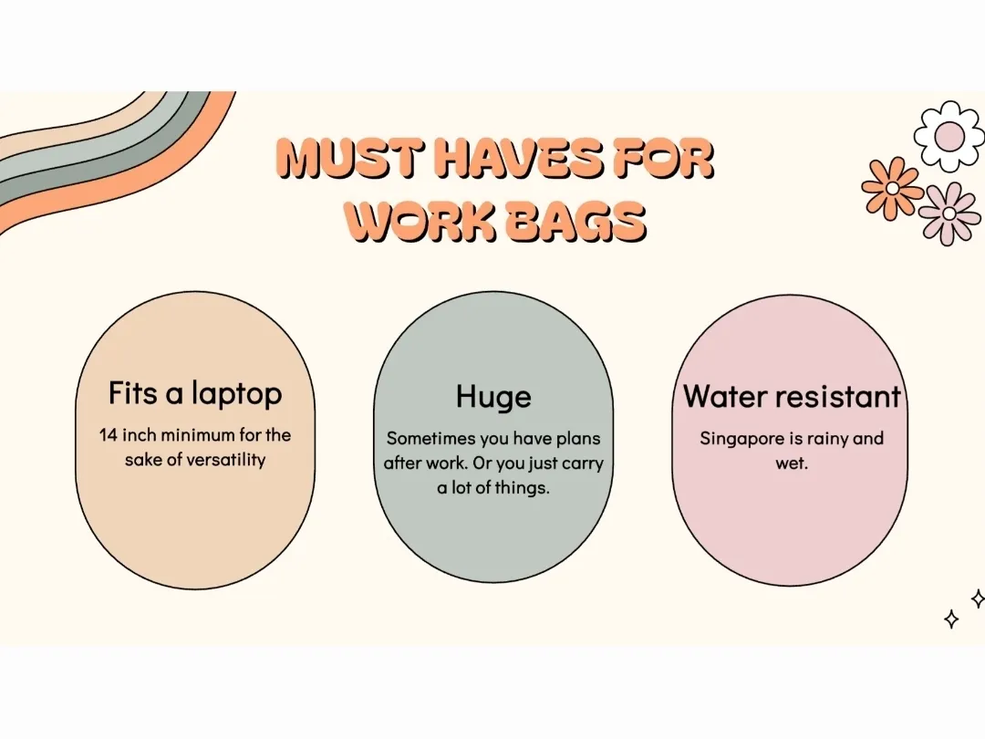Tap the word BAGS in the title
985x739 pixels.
click(x=575, y=222)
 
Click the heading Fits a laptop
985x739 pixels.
click(x=195, y=394)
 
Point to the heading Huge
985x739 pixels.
click(x=493, y=397)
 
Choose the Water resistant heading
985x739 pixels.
click(x=792, y=397)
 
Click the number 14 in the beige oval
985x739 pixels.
click(x=108, y=435)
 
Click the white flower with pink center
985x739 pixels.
click(x=949, y=136)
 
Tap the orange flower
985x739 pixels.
click(x=892, y=188)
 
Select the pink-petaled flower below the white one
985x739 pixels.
click(x=949, y=213)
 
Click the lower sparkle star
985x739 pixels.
click(x=951, y=619)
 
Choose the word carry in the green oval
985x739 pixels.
click(x=582, y=463)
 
